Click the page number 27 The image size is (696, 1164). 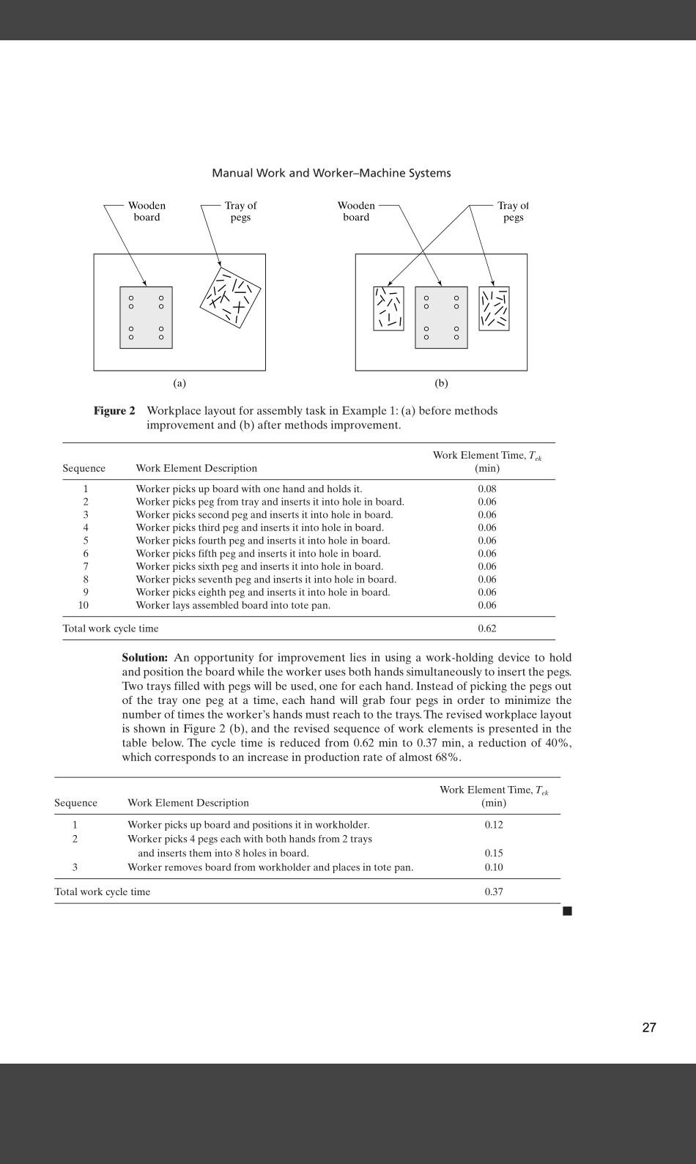point(648,1027)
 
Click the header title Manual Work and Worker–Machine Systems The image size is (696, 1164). point(331,173)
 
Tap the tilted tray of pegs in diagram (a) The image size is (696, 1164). point(231,297)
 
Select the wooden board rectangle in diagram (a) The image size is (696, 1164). point(146,317)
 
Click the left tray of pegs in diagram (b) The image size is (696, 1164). point(388,308)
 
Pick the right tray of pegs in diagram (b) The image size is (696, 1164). point(494,308)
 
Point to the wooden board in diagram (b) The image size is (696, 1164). point(441,317)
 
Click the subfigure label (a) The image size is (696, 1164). point(179,383)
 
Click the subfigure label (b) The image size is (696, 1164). point(441,383)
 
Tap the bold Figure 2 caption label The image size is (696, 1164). point(114,411)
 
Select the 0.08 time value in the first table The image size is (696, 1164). point(487,489)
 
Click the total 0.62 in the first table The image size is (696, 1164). point(487,629)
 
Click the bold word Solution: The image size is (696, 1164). point(145,658)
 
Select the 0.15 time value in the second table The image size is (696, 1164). point(494,853)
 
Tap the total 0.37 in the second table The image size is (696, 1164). point(494,891)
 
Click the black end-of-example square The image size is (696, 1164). point(567,911)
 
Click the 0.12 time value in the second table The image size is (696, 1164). point(494,824)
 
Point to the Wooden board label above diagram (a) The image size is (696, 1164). point(147,211)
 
